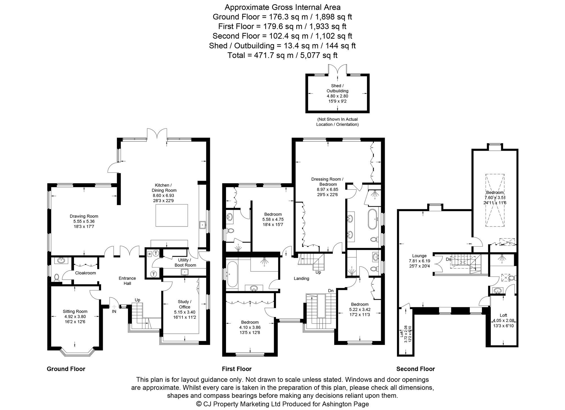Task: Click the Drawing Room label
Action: coord(84,216)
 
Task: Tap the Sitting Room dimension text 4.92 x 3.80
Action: coord(75,317)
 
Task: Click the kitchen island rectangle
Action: coord(172,215)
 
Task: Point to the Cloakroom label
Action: coord(85,273)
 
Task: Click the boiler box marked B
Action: coord(149,254)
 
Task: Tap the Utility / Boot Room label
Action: coord(185,263)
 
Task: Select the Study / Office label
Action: coord(185,304)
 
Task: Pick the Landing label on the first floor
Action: coord(301,279)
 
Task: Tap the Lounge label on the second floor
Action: coord(419,256)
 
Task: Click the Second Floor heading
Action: coord(416,369)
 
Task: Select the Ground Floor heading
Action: coord(66,369)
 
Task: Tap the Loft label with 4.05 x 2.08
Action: coord(503,315)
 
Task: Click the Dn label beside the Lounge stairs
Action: coord(449,259)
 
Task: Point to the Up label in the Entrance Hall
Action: coord(138,300)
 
